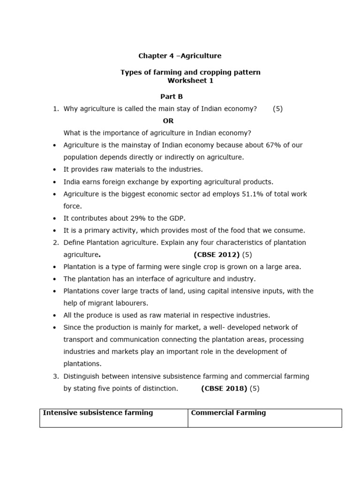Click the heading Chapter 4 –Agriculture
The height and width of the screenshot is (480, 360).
(180, 56)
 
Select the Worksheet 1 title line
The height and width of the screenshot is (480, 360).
(190, 81)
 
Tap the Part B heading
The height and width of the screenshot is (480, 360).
(172, 97)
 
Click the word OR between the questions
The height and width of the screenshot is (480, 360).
(168, 121)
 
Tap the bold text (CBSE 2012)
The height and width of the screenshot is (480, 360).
(216, 255)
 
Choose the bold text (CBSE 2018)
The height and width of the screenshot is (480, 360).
(224, 388)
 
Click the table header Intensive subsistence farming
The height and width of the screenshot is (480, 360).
(98, 413)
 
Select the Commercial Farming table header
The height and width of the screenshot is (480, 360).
(228, 413)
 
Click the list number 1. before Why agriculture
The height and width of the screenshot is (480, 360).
(55, 109)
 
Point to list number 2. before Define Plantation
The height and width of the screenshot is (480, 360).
(55, 242)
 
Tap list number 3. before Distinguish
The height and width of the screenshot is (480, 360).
(55, 376)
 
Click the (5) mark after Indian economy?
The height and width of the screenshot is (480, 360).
(277, 109)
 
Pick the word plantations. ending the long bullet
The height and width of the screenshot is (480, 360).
(82, 364)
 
